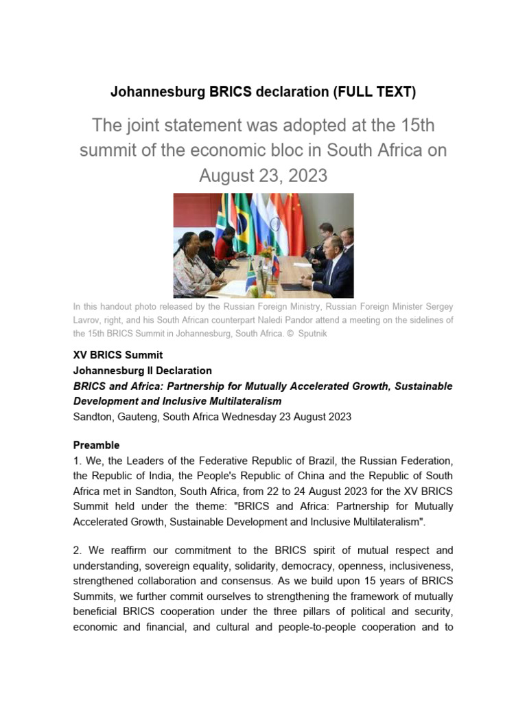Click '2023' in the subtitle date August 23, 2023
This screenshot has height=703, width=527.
pos(307,176)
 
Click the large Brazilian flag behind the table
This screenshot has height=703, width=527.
pos(243,220)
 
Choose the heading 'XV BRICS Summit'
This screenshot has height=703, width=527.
pos(118,355)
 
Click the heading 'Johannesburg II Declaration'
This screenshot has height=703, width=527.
pos(143,371)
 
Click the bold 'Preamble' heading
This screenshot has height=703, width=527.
pos(96,445)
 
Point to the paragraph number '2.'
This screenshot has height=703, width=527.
pos(78,551)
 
